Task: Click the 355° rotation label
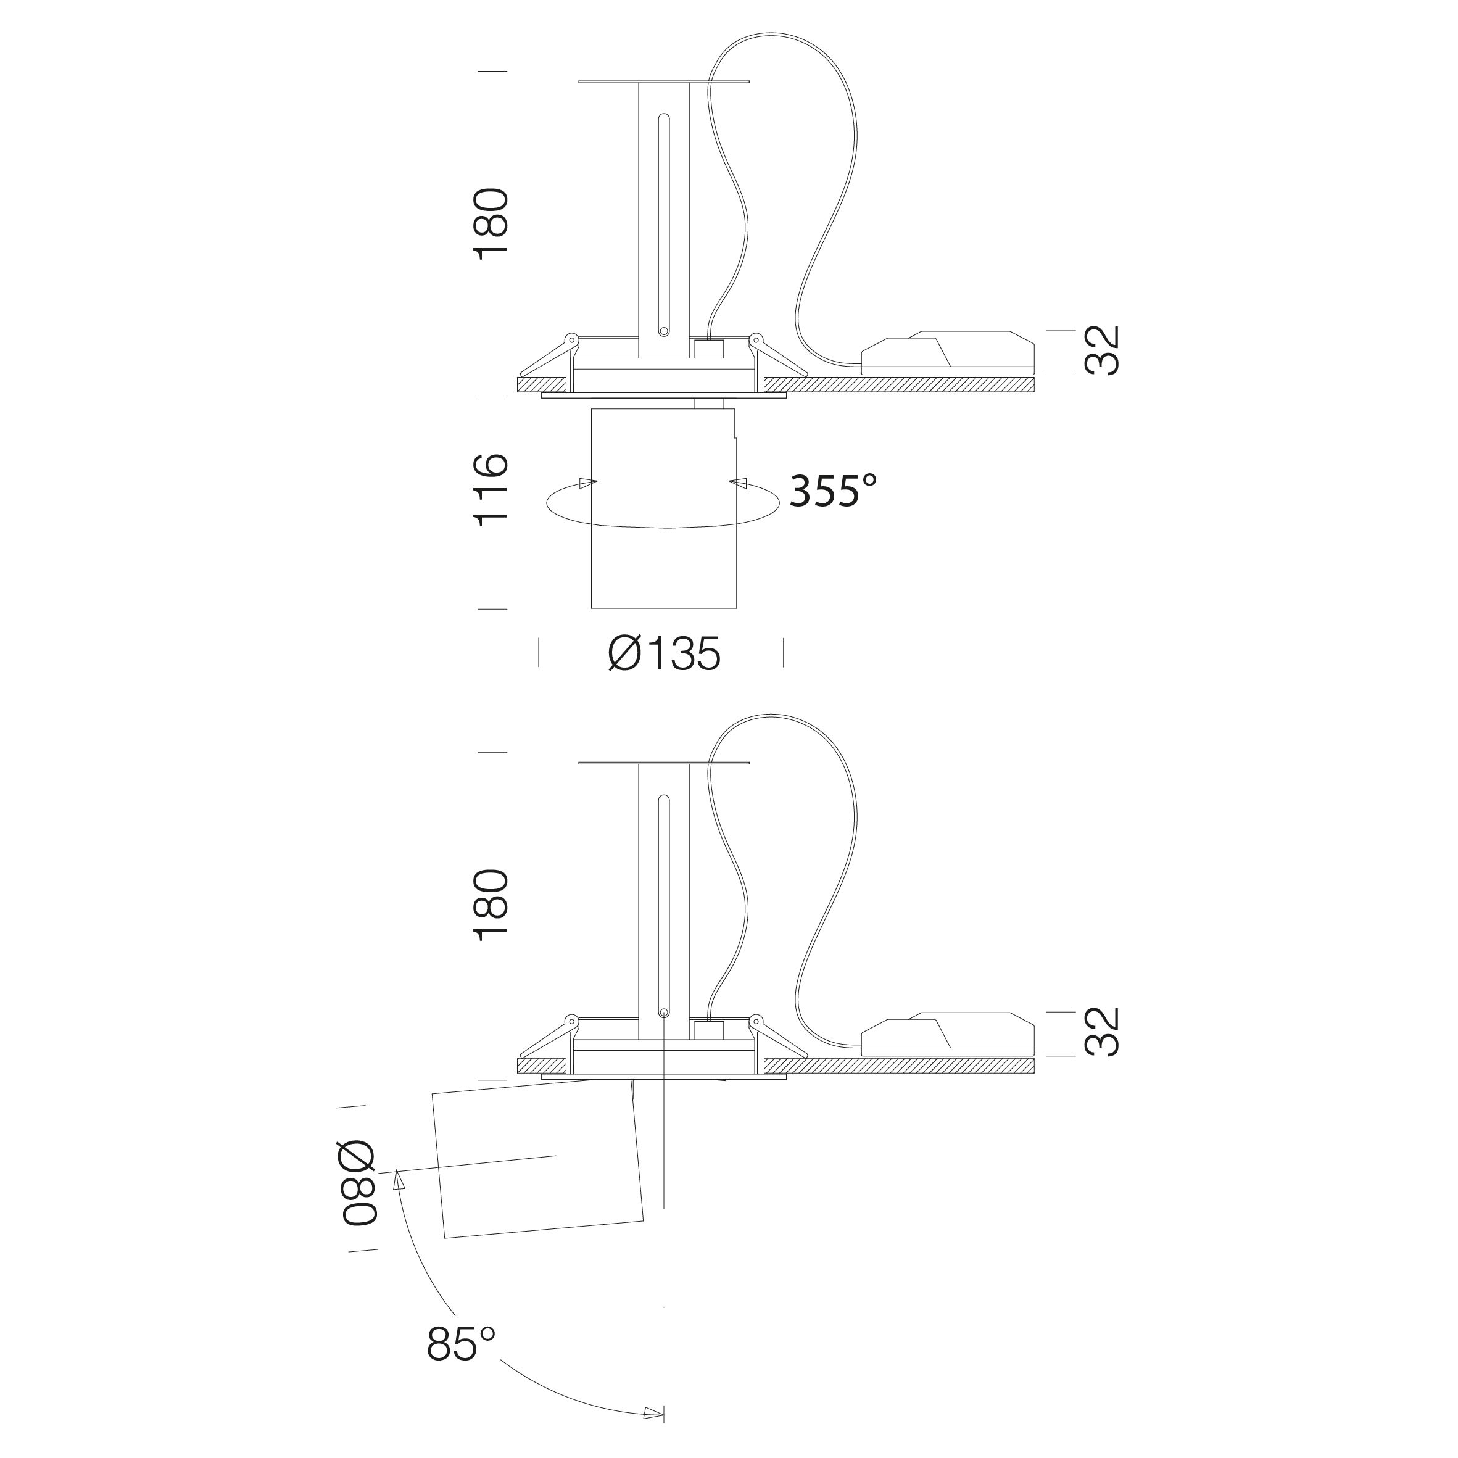(x=833, y=491)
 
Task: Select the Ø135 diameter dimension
(x=664, y=653)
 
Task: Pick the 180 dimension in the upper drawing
(x=491, y=224)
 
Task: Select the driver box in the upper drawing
(x=947, y=352)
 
